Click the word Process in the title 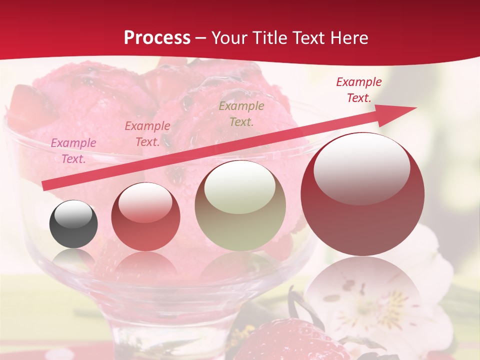click(157, 38)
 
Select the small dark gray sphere click(73, 224)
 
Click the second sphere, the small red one click(145, 216)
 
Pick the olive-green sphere click(240, 205)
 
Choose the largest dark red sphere click(362, 194)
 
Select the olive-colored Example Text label click(241, 113)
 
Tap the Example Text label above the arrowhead click(359, 90)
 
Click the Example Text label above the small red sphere click(147, 134)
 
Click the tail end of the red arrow click(46, 185)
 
